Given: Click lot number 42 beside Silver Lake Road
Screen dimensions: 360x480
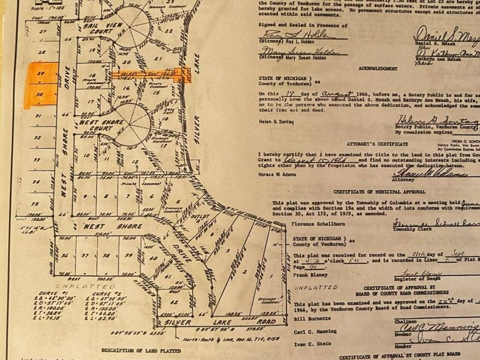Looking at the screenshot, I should pyautogui.click(x=173, y=302).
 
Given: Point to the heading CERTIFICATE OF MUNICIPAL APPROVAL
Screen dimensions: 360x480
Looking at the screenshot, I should pyautogui.click(x=379, y=191).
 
